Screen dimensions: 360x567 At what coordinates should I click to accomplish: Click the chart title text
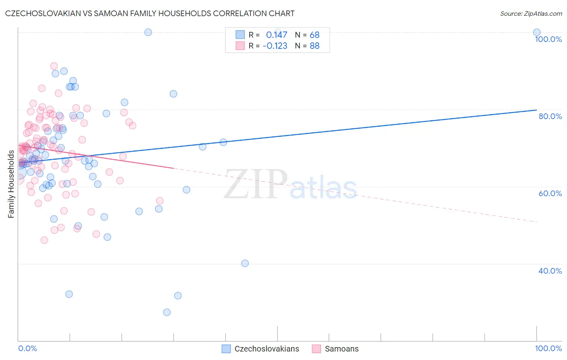coord(150,13)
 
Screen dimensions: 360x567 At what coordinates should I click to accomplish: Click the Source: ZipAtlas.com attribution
coord(531,13)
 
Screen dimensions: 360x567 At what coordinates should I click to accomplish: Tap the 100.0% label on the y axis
coord(548,39)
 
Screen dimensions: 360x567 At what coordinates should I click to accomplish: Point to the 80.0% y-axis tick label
coord(550,116)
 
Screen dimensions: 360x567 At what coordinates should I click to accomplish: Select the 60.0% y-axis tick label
coord(550,193)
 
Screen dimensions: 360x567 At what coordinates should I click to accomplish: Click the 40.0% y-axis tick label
coord(550,271)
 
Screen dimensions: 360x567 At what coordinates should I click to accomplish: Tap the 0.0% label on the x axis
coord(27,348)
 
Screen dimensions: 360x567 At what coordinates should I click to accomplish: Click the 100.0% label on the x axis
coord(548,348)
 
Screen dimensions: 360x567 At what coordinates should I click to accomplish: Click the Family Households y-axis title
coord(11,184)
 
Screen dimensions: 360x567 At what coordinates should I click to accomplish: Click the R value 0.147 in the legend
coord(277,35)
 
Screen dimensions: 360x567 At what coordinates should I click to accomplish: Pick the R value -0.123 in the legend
coord(275,46)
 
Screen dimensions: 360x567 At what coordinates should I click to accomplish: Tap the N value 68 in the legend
coord(315,35)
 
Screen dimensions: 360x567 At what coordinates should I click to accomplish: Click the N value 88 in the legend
coord(315,46)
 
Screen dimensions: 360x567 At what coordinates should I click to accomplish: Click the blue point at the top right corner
coord(537,32)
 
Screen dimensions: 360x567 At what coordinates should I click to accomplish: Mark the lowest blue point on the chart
coord(167,312)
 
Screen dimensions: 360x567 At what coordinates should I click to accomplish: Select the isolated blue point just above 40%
coord(245,263)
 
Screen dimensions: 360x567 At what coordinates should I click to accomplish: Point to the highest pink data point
coord(54,66)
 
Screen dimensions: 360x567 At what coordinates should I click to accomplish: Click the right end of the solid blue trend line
coord(537,110)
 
